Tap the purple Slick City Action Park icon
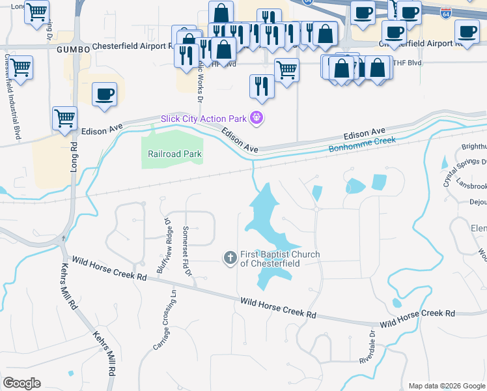258,118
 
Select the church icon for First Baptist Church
230,258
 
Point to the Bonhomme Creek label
362,143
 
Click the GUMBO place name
72,49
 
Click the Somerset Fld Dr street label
188,252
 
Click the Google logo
22,383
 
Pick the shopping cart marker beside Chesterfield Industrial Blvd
20,66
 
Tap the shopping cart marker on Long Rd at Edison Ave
64,119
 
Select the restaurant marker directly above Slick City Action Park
262,85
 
